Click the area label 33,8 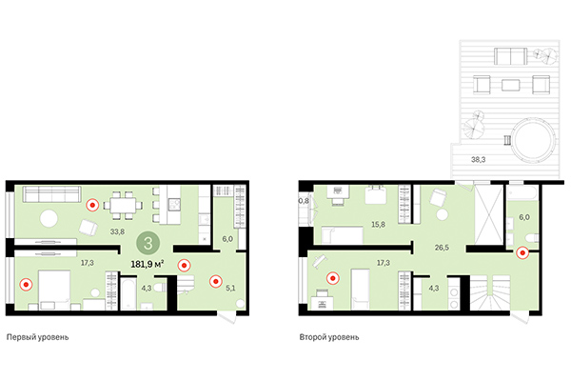[x=117, y=231]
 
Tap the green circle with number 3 [x=148, y=242]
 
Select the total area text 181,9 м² [x=148, y=264]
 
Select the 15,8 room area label [x=378, y=225]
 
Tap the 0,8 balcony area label [x=305, y=202]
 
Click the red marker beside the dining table [x=92, y=203]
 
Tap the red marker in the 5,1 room [x=216, y=280]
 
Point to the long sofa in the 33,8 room [x=53, y=194]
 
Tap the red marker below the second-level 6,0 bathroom [x=522, y=252]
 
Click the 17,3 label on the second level [x=384, y=261]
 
